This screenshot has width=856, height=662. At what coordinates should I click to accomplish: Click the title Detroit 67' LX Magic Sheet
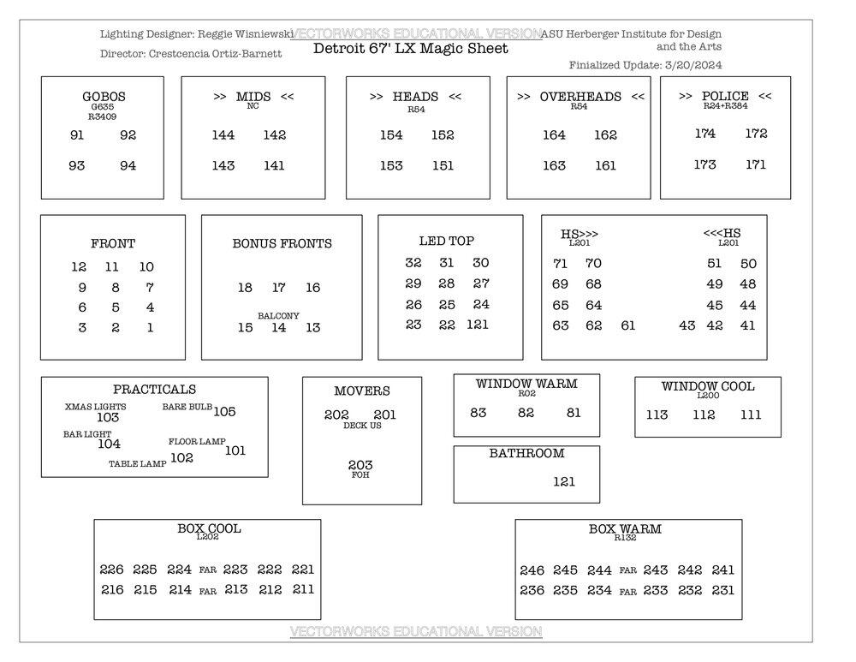click(x=410, y=49)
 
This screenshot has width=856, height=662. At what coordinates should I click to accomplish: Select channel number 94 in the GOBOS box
click(x=128, y=165)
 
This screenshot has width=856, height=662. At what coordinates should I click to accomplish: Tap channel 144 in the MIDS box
click(x=223, y=135)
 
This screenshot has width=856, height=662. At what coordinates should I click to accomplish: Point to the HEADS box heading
click(x=415, y=97)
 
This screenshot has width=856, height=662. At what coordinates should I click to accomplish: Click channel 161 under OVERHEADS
click(x=605, y=165)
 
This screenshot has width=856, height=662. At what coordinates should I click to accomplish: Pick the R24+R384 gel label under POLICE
click(x=725, y=107)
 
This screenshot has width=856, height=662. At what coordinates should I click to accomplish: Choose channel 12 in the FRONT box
click(x=79, y=267)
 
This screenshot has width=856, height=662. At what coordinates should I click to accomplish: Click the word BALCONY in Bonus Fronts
click(x=278, y=316)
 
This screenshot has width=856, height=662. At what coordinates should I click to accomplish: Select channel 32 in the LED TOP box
click(x=413, y=263)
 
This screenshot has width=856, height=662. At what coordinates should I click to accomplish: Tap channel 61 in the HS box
click(x=628, y=325)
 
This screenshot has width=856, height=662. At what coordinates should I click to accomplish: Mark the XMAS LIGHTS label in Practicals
click(x=96, y=407)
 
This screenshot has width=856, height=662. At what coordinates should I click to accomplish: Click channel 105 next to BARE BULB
click(x=224, y=412)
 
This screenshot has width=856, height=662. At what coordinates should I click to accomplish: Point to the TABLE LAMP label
click(x=137, y=464)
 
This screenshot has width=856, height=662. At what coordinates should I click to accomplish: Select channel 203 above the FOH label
click(x=360, y=465)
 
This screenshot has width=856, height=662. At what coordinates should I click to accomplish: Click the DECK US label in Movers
click(x=362, y=426)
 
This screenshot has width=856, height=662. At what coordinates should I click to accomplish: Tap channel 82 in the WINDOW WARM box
click(x=526, y=413)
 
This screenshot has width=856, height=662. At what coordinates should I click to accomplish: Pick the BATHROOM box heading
click(x=526, y=454)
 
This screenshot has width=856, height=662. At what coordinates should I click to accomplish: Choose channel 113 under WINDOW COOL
click(x=657, y=414)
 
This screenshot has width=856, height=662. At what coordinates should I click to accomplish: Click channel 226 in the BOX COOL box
click(x=111, y=570)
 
